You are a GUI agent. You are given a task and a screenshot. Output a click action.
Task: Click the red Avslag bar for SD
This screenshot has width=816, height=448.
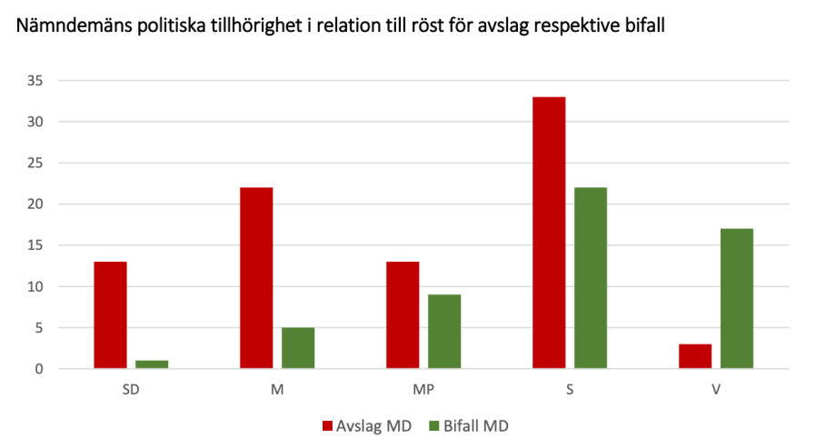110,315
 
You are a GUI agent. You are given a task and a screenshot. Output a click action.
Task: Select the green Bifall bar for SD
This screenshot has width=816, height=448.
152,364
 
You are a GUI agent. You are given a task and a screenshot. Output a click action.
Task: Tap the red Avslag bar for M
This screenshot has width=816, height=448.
256,278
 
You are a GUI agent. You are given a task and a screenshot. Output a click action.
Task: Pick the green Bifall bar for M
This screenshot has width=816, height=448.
298,348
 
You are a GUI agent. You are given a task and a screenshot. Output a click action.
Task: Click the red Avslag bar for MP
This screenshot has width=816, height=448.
403,315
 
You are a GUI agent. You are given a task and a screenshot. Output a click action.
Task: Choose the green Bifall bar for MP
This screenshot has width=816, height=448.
444,332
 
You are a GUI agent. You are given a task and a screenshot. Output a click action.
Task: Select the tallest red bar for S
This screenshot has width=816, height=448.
549,233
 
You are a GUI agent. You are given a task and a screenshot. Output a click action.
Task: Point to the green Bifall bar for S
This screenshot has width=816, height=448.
591,278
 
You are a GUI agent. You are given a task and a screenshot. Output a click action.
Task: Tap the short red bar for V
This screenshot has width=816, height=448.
695,356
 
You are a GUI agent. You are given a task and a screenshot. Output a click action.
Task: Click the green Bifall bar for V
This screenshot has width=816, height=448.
737,299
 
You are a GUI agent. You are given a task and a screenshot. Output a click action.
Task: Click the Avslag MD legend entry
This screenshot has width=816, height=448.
363,424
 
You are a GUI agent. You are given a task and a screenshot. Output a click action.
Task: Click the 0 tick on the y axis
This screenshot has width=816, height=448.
39,369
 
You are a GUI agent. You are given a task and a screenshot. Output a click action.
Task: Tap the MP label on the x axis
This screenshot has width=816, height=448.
423,388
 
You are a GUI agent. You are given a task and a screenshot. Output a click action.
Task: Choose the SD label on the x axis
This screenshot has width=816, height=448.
131,388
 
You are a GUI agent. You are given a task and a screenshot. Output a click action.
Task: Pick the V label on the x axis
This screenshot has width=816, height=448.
716,388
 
